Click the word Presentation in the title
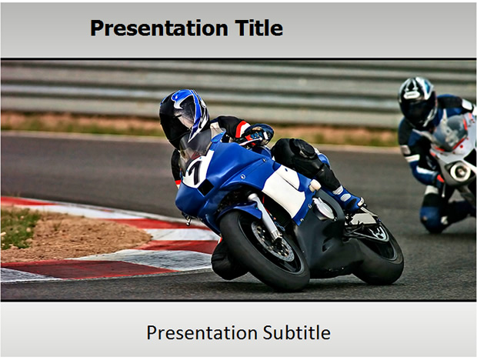[x=159, y=28]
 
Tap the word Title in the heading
[x=259, y=28]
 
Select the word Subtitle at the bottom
[x=297, y=332]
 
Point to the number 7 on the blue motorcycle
[x=195, y=172]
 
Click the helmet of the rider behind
[x=416, y=102]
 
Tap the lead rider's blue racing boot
[x=348, y=198]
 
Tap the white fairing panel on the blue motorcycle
[x=285, y=189]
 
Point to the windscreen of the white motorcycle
[x=449, y=132]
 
